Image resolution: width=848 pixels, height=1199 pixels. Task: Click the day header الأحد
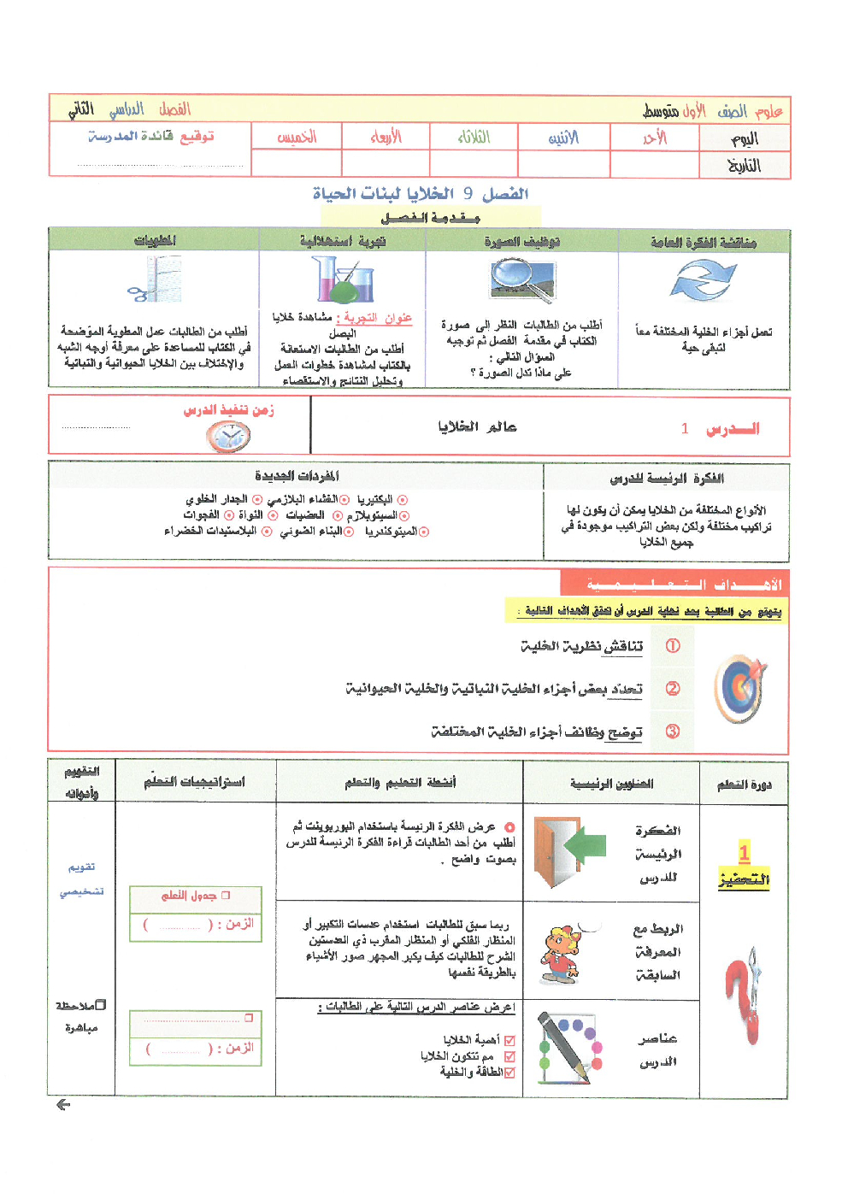654,138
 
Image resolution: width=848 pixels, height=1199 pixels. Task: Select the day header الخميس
297,137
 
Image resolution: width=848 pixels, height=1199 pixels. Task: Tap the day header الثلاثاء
474,137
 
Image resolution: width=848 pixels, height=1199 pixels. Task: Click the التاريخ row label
744,165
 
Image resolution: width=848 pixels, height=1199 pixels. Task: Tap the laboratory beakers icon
343,280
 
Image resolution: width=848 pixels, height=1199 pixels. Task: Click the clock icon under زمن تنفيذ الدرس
228,437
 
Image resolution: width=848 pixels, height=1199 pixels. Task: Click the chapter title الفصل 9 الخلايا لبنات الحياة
421,194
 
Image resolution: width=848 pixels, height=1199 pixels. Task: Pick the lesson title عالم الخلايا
477,426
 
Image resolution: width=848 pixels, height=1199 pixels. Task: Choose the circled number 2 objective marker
673,688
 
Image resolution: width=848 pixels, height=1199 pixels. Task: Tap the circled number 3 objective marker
673,732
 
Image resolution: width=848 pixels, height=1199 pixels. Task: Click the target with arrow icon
740,689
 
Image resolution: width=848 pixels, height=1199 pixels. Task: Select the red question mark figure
744,996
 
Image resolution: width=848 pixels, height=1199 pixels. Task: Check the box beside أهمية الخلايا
510,1040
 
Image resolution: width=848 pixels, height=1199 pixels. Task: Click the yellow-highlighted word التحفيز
744,879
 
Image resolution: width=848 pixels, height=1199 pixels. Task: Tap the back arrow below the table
62,1105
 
